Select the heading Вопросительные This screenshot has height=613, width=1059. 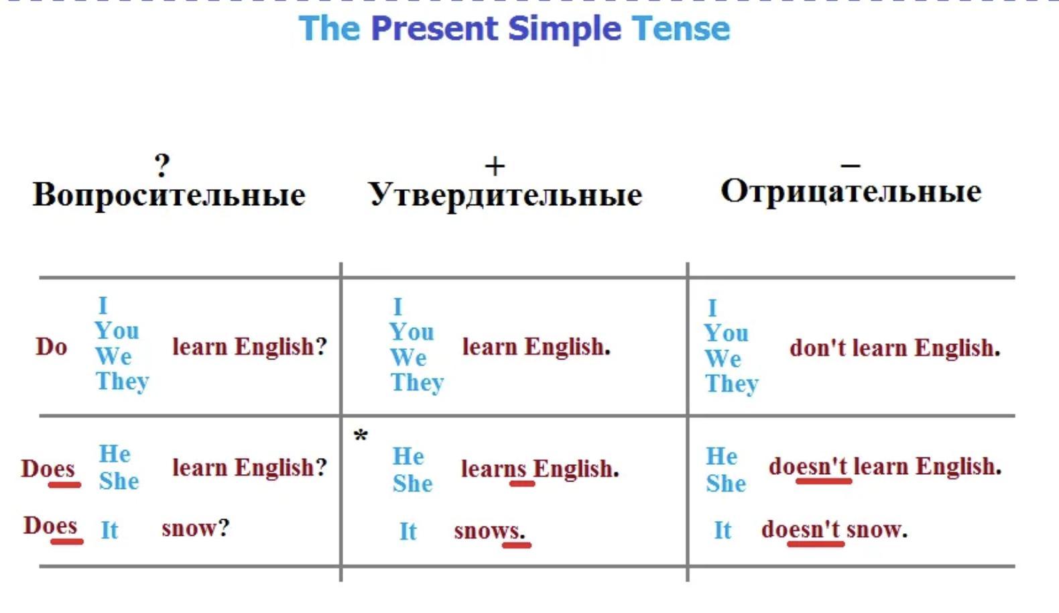(169, 195)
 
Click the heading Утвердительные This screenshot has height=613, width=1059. (505, 195)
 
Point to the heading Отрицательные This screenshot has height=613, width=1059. (851, 192)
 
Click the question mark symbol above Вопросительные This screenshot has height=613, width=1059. (162, 165)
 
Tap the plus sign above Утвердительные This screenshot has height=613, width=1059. (495, 166)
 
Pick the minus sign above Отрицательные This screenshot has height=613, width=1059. (851, 165)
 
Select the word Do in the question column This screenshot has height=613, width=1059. (51, 347)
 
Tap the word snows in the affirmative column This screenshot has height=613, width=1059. (489, 531)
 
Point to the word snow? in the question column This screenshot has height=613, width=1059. (196, 528)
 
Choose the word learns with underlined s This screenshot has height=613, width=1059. (493, 469)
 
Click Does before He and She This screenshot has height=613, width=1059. (48, 469)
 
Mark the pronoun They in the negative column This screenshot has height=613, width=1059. (732, 384)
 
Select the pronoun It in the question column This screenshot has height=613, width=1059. (109, 530)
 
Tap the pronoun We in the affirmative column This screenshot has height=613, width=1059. (408, 357)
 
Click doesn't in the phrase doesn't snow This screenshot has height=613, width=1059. (801, 529)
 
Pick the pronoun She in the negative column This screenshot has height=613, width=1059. (726, 484)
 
